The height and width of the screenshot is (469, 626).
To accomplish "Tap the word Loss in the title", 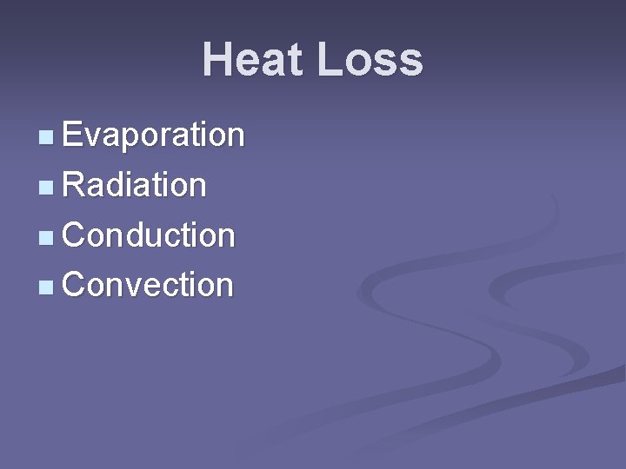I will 370,61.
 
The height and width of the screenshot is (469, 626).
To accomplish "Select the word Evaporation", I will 153,135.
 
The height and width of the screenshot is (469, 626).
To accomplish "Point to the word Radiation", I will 134,185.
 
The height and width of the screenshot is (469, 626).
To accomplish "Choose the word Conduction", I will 148,235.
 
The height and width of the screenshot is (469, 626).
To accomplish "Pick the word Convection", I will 148,285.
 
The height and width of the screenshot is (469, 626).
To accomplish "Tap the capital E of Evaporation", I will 72,135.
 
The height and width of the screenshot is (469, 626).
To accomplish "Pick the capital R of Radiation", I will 74,185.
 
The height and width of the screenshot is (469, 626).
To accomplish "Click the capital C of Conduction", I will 75,235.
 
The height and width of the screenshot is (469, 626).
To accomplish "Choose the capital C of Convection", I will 75,285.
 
